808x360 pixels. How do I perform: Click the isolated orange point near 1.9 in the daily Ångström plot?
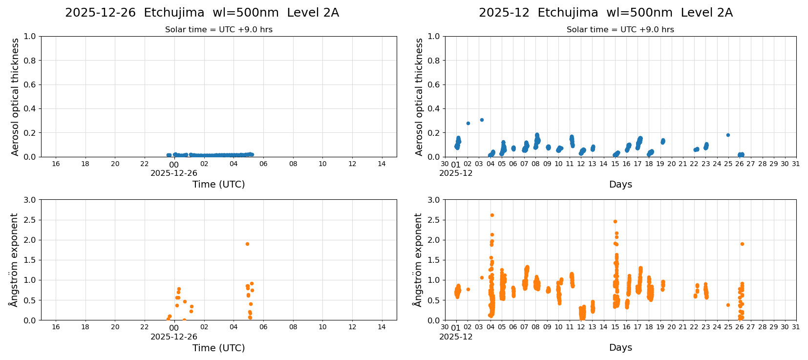[247, 244]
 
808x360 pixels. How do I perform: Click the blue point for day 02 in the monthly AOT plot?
[468, 123]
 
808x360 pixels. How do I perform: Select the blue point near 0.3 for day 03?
[482, 120]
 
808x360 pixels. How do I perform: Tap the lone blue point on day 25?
[728, 135]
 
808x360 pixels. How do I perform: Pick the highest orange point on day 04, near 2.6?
[492, 215]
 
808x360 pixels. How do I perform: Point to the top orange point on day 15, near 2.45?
[615, 221]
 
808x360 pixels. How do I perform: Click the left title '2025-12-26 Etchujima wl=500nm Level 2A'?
[202, 13]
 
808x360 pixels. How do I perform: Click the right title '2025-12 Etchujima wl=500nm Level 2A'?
[606, 13]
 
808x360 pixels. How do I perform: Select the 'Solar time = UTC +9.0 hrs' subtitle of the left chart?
[218, 30]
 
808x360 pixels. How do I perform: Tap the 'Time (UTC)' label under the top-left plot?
[218, 184]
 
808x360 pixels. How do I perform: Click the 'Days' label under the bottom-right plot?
[620, 347]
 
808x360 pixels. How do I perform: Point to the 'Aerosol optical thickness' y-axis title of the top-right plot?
[419, 97]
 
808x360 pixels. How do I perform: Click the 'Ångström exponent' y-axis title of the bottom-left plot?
[14, 259]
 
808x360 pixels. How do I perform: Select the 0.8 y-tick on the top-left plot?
[30, 61]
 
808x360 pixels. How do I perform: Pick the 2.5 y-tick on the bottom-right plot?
[434, 220]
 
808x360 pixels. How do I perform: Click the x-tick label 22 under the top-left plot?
[145, 164]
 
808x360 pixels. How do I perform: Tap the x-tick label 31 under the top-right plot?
[796, 164]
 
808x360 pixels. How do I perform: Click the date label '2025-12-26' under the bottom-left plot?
[173, 337]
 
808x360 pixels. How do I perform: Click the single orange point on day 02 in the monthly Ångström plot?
[468, 289]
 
